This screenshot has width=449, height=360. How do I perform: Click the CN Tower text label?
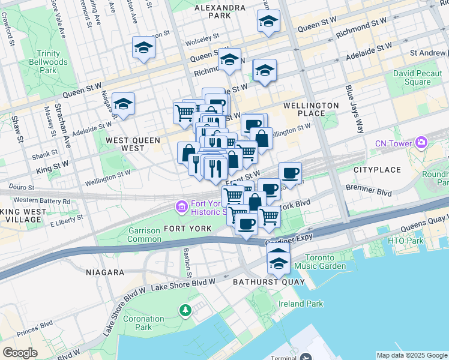coord(393,143)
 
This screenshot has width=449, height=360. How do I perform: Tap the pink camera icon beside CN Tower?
coord(421,143)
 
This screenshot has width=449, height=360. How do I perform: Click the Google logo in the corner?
coord(19,353)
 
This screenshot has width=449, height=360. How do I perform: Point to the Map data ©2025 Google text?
coord(412,355)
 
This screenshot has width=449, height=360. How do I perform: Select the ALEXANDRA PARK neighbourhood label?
coord(220,11)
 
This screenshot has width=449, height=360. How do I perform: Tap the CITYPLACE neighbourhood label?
coord(376,170)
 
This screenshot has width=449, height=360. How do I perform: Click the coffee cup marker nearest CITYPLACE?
coord(290,173)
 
